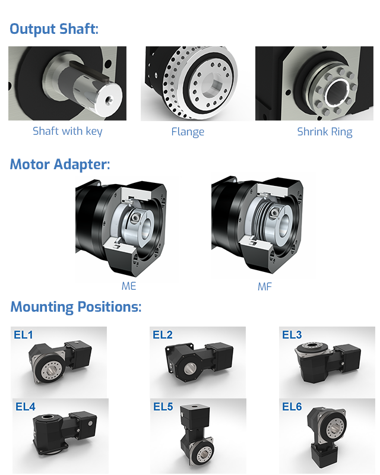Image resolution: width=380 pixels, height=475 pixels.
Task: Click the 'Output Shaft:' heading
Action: pyautogui.click(x=54, y=29)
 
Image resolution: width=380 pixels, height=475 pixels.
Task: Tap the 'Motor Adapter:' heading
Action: pyautogui.click(x=60, y=164)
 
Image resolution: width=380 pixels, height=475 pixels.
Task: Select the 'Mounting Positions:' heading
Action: pyautogui.click(x=76, y=307)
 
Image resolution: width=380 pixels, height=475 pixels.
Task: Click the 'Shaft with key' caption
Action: pyautogui.click(x=67, y=131)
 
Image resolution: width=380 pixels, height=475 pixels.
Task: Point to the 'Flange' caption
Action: pyautogui.click(x=188, y=132)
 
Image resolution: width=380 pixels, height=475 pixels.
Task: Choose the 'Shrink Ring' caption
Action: pyautogui.click(x=325, y=132)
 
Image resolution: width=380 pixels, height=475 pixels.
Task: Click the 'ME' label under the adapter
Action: pyautogui.click(x=129, y=286)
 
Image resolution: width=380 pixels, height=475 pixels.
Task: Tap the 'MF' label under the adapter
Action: pyautogui.click(x=265, y=287)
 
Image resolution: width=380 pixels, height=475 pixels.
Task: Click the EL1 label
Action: pyautogui.click(x=23, y=335)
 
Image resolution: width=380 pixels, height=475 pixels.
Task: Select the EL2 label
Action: pyautogui.click(x=163, y=335)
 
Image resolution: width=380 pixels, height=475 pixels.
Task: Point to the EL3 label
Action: pyautogui.click(x=292, y=335)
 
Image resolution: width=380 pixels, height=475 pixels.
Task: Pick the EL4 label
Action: pyautogui.click(x=26, y=407)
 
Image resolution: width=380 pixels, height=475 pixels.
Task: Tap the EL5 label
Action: pyautogui.click(x=163, y=407)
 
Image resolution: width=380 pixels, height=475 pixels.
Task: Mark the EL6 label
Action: pyautogui.click(x=292, y=407)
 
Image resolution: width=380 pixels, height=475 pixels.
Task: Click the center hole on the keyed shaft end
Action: pyautogui.click(x=109, y=99)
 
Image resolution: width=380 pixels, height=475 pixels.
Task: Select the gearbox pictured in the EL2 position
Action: pyautogui.click(x=199, y=360)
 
